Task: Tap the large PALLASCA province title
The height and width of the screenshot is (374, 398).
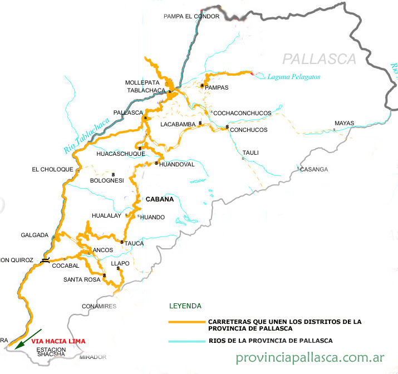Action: pos(319,58)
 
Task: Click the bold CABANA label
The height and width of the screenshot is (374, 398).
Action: pos(160,199)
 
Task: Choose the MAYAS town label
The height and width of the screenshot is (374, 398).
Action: pos(344,123)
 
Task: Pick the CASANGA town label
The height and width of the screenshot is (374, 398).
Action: pos(314,169)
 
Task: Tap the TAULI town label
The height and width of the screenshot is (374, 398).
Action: pos(250,152)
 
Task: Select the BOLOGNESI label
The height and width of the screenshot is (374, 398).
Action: pos(107,180)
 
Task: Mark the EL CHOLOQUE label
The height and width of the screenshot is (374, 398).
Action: pos(52,169)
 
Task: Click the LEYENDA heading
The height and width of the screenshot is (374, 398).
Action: pos(185,306)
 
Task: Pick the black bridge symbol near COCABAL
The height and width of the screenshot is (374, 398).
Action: pos(45,260)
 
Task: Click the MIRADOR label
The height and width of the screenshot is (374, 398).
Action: pos(92,357)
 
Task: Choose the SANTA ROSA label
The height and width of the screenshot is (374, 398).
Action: pos(81,279)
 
